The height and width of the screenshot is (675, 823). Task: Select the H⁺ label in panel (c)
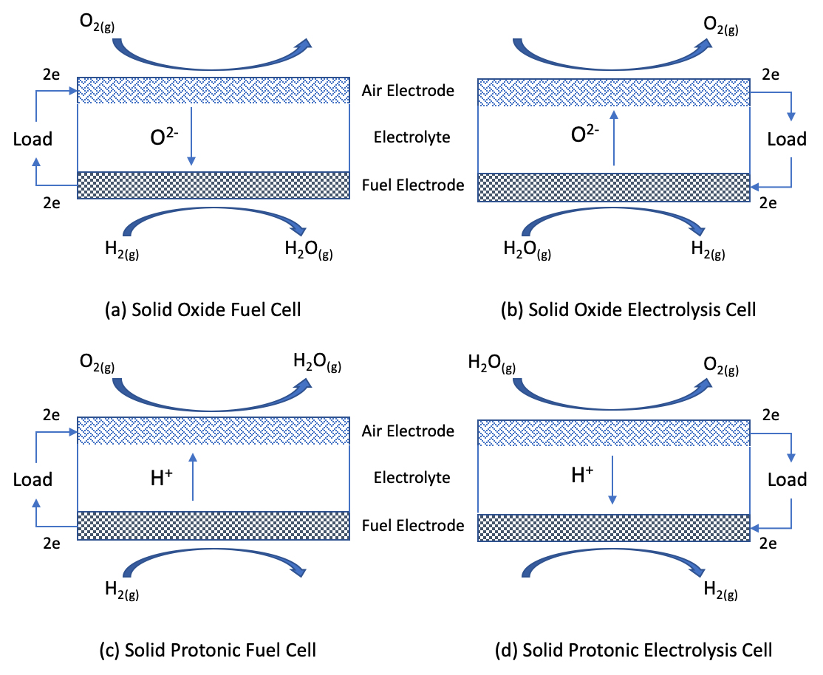(161, 476)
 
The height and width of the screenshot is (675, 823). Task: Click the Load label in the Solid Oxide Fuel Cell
(33, 139)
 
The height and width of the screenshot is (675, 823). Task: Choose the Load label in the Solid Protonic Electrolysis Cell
(787, 479)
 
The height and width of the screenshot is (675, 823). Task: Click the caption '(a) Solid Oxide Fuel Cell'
(202, 309)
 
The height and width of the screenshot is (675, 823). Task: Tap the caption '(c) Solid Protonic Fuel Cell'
(208, 650)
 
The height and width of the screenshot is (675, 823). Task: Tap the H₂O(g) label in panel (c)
(318, 363)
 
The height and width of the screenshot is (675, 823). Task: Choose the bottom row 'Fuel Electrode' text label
(413, 525)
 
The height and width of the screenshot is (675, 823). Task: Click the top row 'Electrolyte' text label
(411, 137)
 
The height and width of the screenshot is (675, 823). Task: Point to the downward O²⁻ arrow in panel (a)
(191, 137)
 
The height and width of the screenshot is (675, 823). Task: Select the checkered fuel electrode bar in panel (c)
(214, 526)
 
